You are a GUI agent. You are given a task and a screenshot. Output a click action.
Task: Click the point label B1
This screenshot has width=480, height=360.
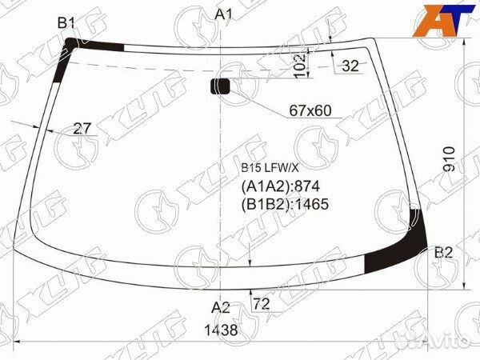point(66,22)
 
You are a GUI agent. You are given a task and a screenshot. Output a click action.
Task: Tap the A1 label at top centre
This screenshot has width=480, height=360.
point(224,14)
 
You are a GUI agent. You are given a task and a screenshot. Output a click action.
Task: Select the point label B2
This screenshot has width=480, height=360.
point(443,253)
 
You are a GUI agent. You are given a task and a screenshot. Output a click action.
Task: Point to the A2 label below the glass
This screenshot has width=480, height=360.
point(221,307)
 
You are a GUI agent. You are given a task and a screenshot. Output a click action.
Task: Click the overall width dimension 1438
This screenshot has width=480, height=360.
point(221,330)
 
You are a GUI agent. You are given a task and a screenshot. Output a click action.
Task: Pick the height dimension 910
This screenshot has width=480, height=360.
point(449,159)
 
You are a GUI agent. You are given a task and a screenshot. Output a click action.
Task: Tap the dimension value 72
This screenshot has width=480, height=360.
point(262,304)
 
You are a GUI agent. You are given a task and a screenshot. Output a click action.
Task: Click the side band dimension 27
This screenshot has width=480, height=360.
point(82,129)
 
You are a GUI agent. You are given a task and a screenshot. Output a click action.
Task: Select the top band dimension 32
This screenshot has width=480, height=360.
point(350,66)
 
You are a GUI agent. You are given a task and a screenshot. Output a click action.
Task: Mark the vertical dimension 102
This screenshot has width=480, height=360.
point(300,66)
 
